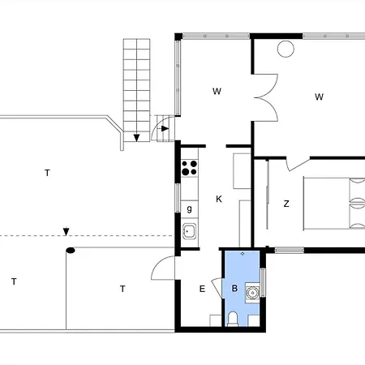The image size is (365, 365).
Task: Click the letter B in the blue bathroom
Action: pos(234,288)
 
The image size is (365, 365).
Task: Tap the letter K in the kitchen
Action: pos(219,200)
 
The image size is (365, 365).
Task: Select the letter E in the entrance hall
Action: pos(202,289)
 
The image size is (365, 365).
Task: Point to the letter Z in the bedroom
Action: pos(286,204)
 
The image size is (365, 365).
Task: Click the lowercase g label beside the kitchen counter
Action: pos(189,208)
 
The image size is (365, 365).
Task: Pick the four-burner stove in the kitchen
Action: pos(189,168)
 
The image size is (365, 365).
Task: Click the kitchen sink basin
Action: pos(189,231)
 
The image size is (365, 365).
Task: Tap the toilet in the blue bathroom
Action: pos(233,319)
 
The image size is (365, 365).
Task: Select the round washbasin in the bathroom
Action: pos(253,293)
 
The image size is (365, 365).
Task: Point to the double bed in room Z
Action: pos(334,204)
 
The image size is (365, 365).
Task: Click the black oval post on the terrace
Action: pos(71,251)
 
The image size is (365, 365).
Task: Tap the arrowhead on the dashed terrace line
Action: pos(66,232)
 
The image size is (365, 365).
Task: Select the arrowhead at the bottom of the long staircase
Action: pos(136,138)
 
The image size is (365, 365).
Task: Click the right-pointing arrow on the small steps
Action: pos(164,129)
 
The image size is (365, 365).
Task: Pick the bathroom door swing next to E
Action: pos(217,286)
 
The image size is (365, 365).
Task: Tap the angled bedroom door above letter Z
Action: pos(298,164)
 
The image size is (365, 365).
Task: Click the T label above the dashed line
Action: pos(47,173)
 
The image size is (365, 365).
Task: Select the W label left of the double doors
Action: pos(217,92)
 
